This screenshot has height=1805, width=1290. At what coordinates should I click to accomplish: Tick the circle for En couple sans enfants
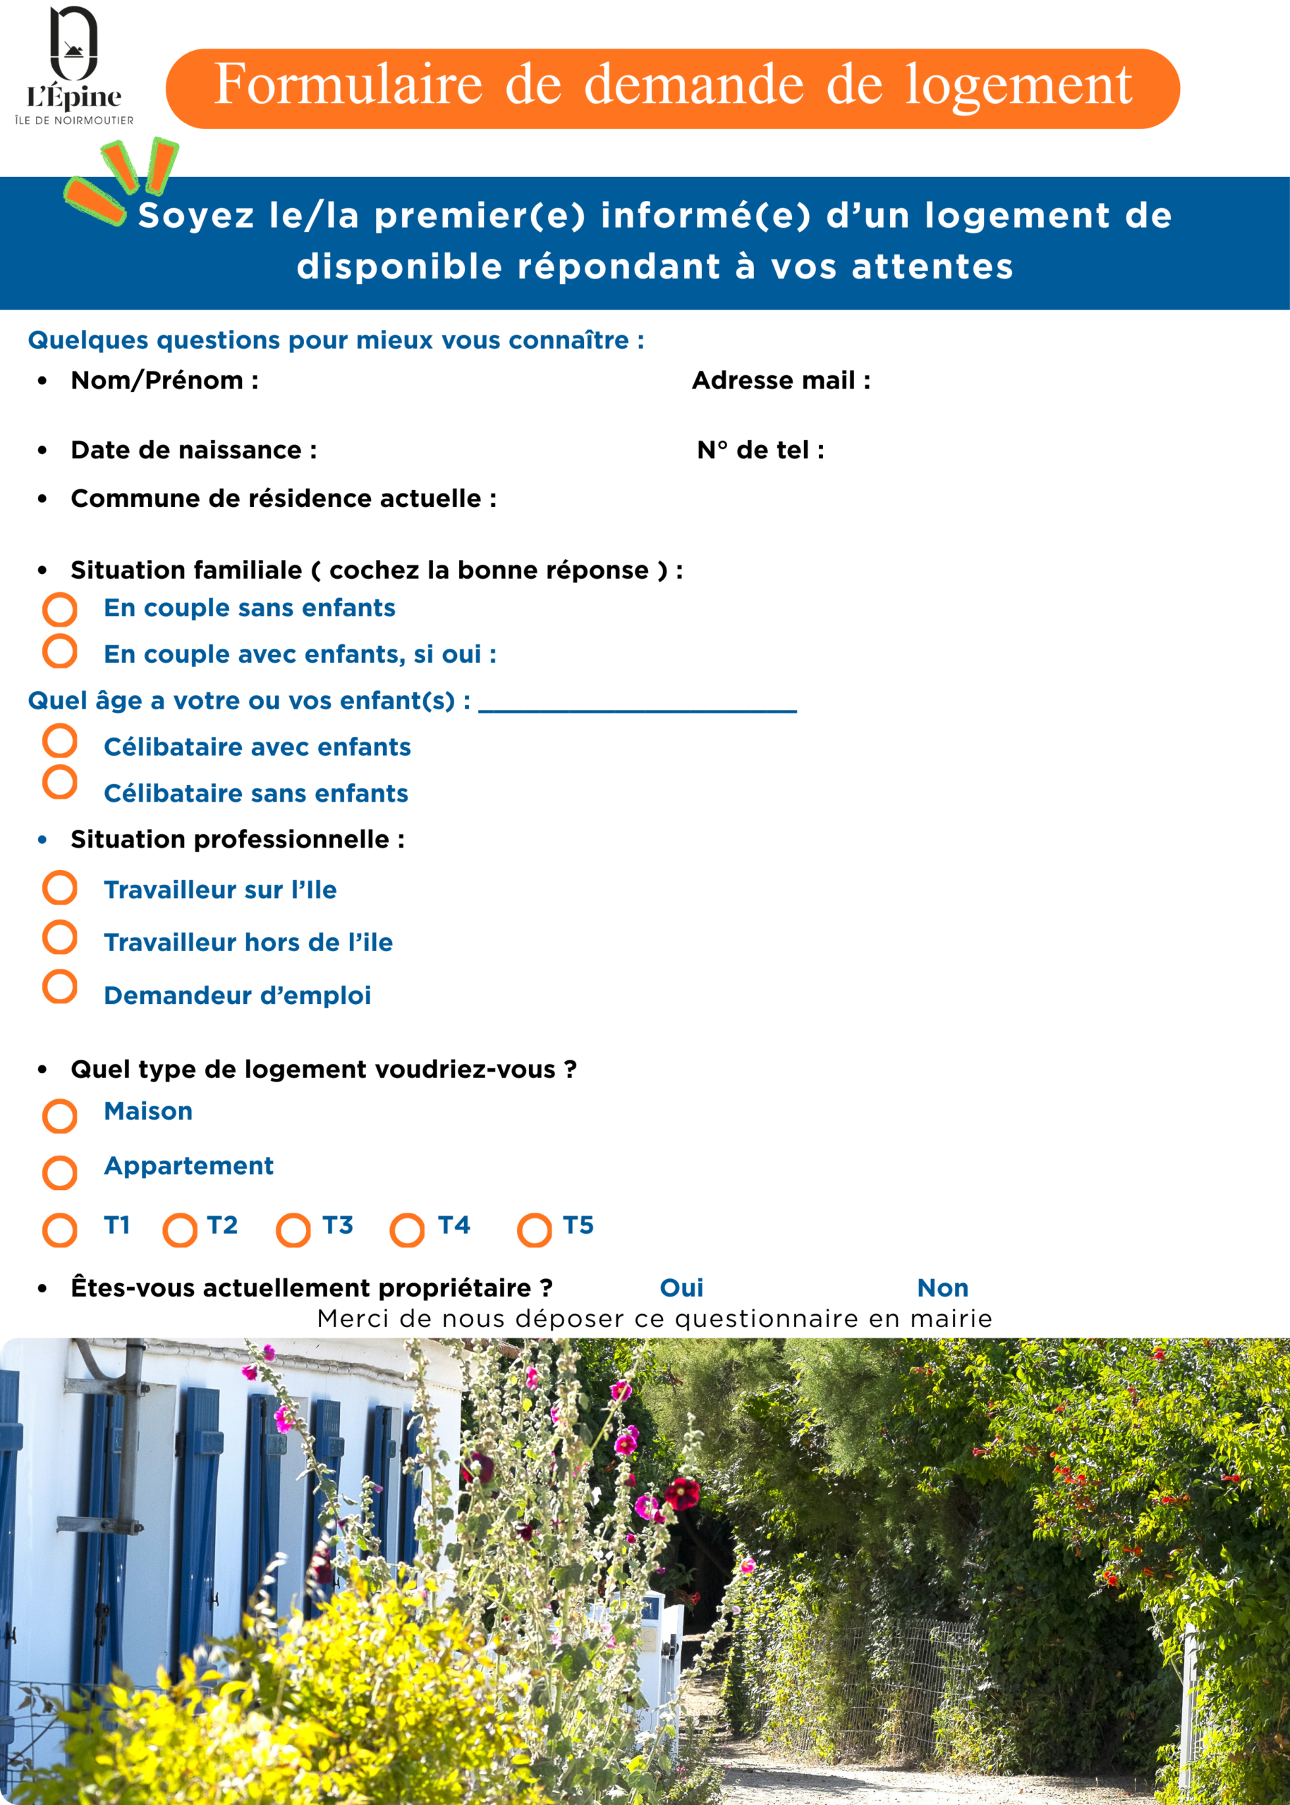pos(59,610)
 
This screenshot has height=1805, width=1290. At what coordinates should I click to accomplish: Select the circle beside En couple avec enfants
pos(59,651)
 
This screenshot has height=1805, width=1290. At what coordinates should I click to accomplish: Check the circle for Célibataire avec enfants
pos(59,741)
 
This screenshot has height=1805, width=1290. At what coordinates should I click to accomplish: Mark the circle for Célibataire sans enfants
pos(59,782)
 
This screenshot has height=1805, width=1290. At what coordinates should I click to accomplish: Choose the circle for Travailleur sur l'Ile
pos(59,888)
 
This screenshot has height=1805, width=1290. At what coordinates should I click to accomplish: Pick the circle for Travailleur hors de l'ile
pos(59,937)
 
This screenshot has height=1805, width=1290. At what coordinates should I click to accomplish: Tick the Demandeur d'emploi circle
pos(59,987)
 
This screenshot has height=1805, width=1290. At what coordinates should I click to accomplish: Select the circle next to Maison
pos(59,1115)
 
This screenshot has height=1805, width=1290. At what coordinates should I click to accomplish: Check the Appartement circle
pos(59,1173)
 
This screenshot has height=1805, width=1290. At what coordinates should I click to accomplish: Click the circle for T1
pos(59,1231)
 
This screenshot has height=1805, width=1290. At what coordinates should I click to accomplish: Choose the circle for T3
pos(293,1231)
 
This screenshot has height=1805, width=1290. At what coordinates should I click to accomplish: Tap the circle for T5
pos(535,1231)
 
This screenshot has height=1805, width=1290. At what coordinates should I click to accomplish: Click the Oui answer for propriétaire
pos(681,1288)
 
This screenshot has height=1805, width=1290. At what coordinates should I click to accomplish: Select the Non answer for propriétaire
pos(943,1288)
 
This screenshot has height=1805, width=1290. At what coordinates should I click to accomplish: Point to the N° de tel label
pos(760,451)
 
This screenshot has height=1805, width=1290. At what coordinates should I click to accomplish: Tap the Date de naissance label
pos(194,451)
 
